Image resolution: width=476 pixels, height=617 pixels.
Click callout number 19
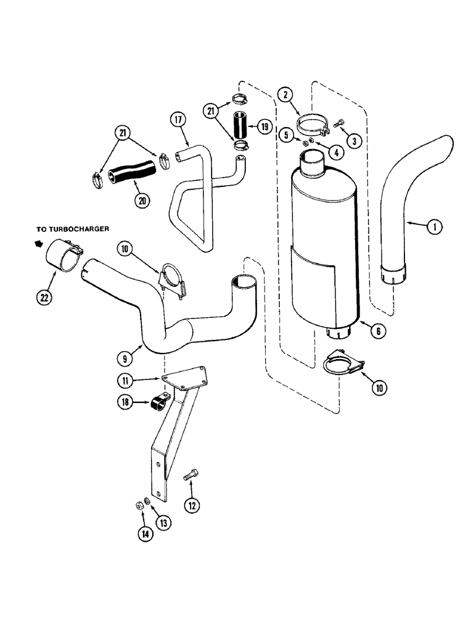coord(264,128)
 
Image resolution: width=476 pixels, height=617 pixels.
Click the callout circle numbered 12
coord(192,505)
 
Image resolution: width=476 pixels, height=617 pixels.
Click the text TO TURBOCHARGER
coord(72,228)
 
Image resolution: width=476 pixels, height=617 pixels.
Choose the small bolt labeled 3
coord(338,125)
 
